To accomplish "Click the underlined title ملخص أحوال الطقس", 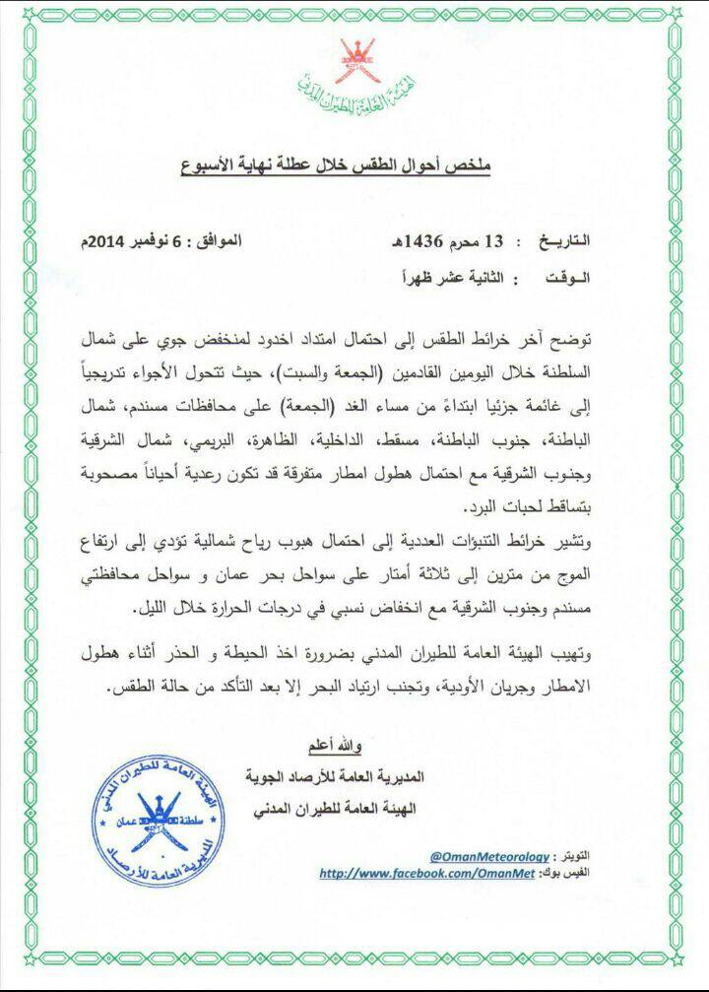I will (x=355, y=158).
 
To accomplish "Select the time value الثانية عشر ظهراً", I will (x=456, y=279).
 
